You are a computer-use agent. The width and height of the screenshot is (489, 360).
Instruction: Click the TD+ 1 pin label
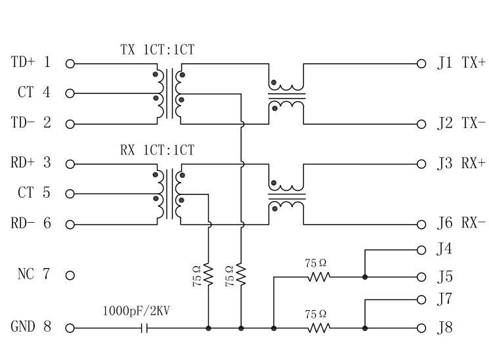point(31,63)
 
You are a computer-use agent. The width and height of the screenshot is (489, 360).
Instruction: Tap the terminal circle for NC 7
point(70,275)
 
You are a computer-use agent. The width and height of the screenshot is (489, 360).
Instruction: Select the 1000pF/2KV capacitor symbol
point(146,327)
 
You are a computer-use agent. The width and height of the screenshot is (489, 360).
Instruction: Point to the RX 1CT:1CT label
point(157,150)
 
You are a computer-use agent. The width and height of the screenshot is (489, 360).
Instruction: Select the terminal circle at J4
point(421,250)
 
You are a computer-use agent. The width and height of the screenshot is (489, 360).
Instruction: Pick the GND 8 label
point(31,326)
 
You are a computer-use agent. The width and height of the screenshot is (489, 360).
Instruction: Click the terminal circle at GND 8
point(70,327)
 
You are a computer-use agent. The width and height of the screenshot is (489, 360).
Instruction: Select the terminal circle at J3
point(421,164)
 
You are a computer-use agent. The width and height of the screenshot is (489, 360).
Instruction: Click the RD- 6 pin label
point(31,223)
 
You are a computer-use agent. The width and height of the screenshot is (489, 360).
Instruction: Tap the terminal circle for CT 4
point(70,93)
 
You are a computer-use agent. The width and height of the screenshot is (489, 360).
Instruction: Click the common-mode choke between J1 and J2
point(286,94)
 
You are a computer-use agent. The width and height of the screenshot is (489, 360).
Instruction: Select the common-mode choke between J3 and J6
point(286,194)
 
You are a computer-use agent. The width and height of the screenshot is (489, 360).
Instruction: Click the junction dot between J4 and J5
point(365,277)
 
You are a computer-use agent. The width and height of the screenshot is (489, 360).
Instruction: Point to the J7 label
point(444,300)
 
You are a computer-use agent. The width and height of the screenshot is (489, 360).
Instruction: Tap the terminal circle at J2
point(421,124)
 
